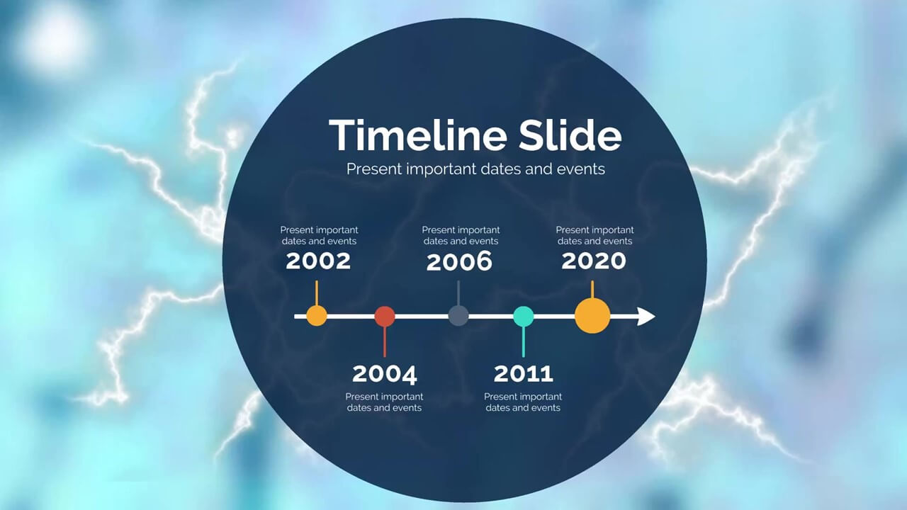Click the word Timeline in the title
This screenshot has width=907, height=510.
(x=418, y=135)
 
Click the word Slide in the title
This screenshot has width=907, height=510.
(x=570, y=135)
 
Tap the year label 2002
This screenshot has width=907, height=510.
(x=318, y=261)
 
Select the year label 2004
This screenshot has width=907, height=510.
(x=384, y=374)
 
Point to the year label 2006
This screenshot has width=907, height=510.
(x=459, y=261)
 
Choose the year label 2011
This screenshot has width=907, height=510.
(x=523, y=373)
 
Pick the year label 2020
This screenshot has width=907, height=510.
(x=594, y=261)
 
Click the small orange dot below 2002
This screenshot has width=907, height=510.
(x=317, y=316)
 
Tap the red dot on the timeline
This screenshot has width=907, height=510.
(x=385, y=316)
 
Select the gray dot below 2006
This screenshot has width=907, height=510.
(x=458, y=316)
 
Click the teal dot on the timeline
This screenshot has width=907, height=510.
(x=524, y=316)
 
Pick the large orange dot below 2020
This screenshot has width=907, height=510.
(x=592, y=316)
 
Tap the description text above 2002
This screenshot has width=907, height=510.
(x=319, y=236)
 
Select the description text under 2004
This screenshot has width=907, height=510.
(x=384, y=402)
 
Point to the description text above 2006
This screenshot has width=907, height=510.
(x=461, y=236)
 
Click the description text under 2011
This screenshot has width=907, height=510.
(x=523, y=402)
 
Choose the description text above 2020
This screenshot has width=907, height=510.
(x=595, y=236)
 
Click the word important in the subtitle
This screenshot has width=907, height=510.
(x=441, y=169)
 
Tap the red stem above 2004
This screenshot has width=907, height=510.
(x=385, y=341)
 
